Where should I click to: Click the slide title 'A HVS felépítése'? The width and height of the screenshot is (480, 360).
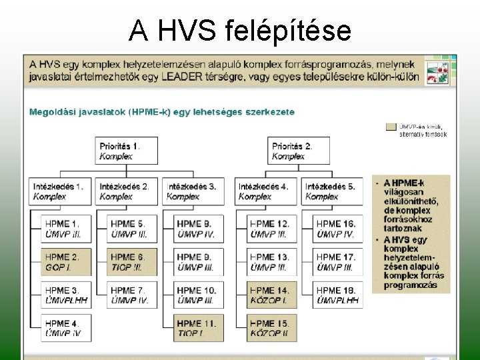coord(240,30)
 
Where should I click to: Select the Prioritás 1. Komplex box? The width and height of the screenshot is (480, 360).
coord(127,151)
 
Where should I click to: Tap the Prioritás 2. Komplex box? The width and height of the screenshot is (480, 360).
coord(300,151)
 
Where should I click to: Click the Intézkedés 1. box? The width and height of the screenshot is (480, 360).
coord(59,191)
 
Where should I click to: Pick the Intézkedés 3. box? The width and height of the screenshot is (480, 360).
coord(193,191)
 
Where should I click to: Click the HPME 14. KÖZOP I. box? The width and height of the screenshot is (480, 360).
coord(271,295)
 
